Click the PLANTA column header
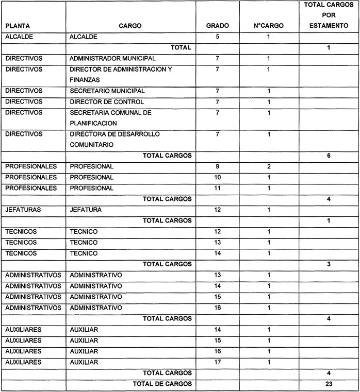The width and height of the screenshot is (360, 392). (17, 25)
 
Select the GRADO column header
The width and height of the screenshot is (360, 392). (217, 25)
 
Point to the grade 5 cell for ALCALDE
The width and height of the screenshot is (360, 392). (217, 37)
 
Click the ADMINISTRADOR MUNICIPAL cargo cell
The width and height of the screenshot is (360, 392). (112, 59)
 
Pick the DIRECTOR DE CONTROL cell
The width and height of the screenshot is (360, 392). (106, 102)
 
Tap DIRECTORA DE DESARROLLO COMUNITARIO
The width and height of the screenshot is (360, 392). (114, 140)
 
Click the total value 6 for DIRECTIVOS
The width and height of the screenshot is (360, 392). (329, 156)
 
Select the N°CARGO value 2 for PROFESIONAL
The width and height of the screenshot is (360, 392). (269, 166)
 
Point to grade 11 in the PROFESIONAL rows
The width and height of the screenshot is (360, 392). (217, 188)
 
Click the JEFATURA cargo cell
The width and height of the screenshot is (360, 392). (86, 210)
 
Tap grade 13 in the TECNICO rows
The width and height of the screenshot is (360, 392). (217, 242)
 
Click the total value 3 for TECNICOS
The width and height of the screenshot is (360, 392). (329, 264)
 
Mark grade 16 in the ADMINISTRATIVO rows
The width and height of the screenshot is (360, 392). (217, 308)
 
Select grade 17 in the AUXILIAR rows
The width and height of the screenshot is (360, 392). (217, 362)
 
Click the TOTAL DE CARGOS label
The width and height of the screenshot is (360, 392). (162, 384)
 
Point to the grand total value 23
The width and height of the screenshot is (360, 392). (329, 384)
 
